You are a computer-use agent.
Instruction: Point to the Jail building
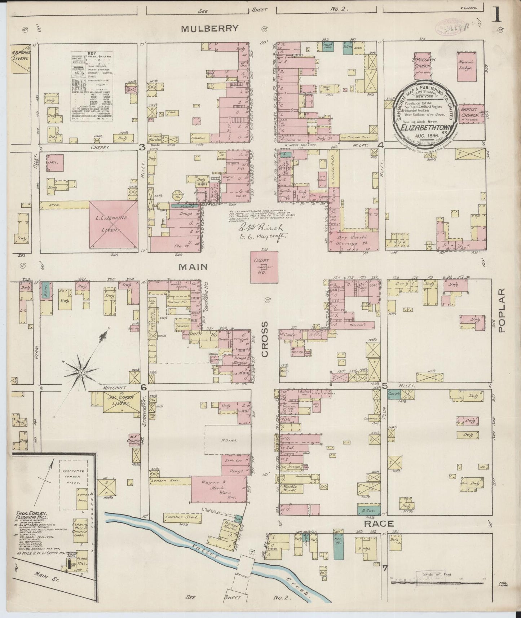(x=55, y=163)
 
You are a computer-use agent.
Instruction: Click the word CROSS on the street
(x=265, y=339)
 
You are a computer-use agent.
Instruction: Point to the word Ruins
(x=230, y=441)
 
